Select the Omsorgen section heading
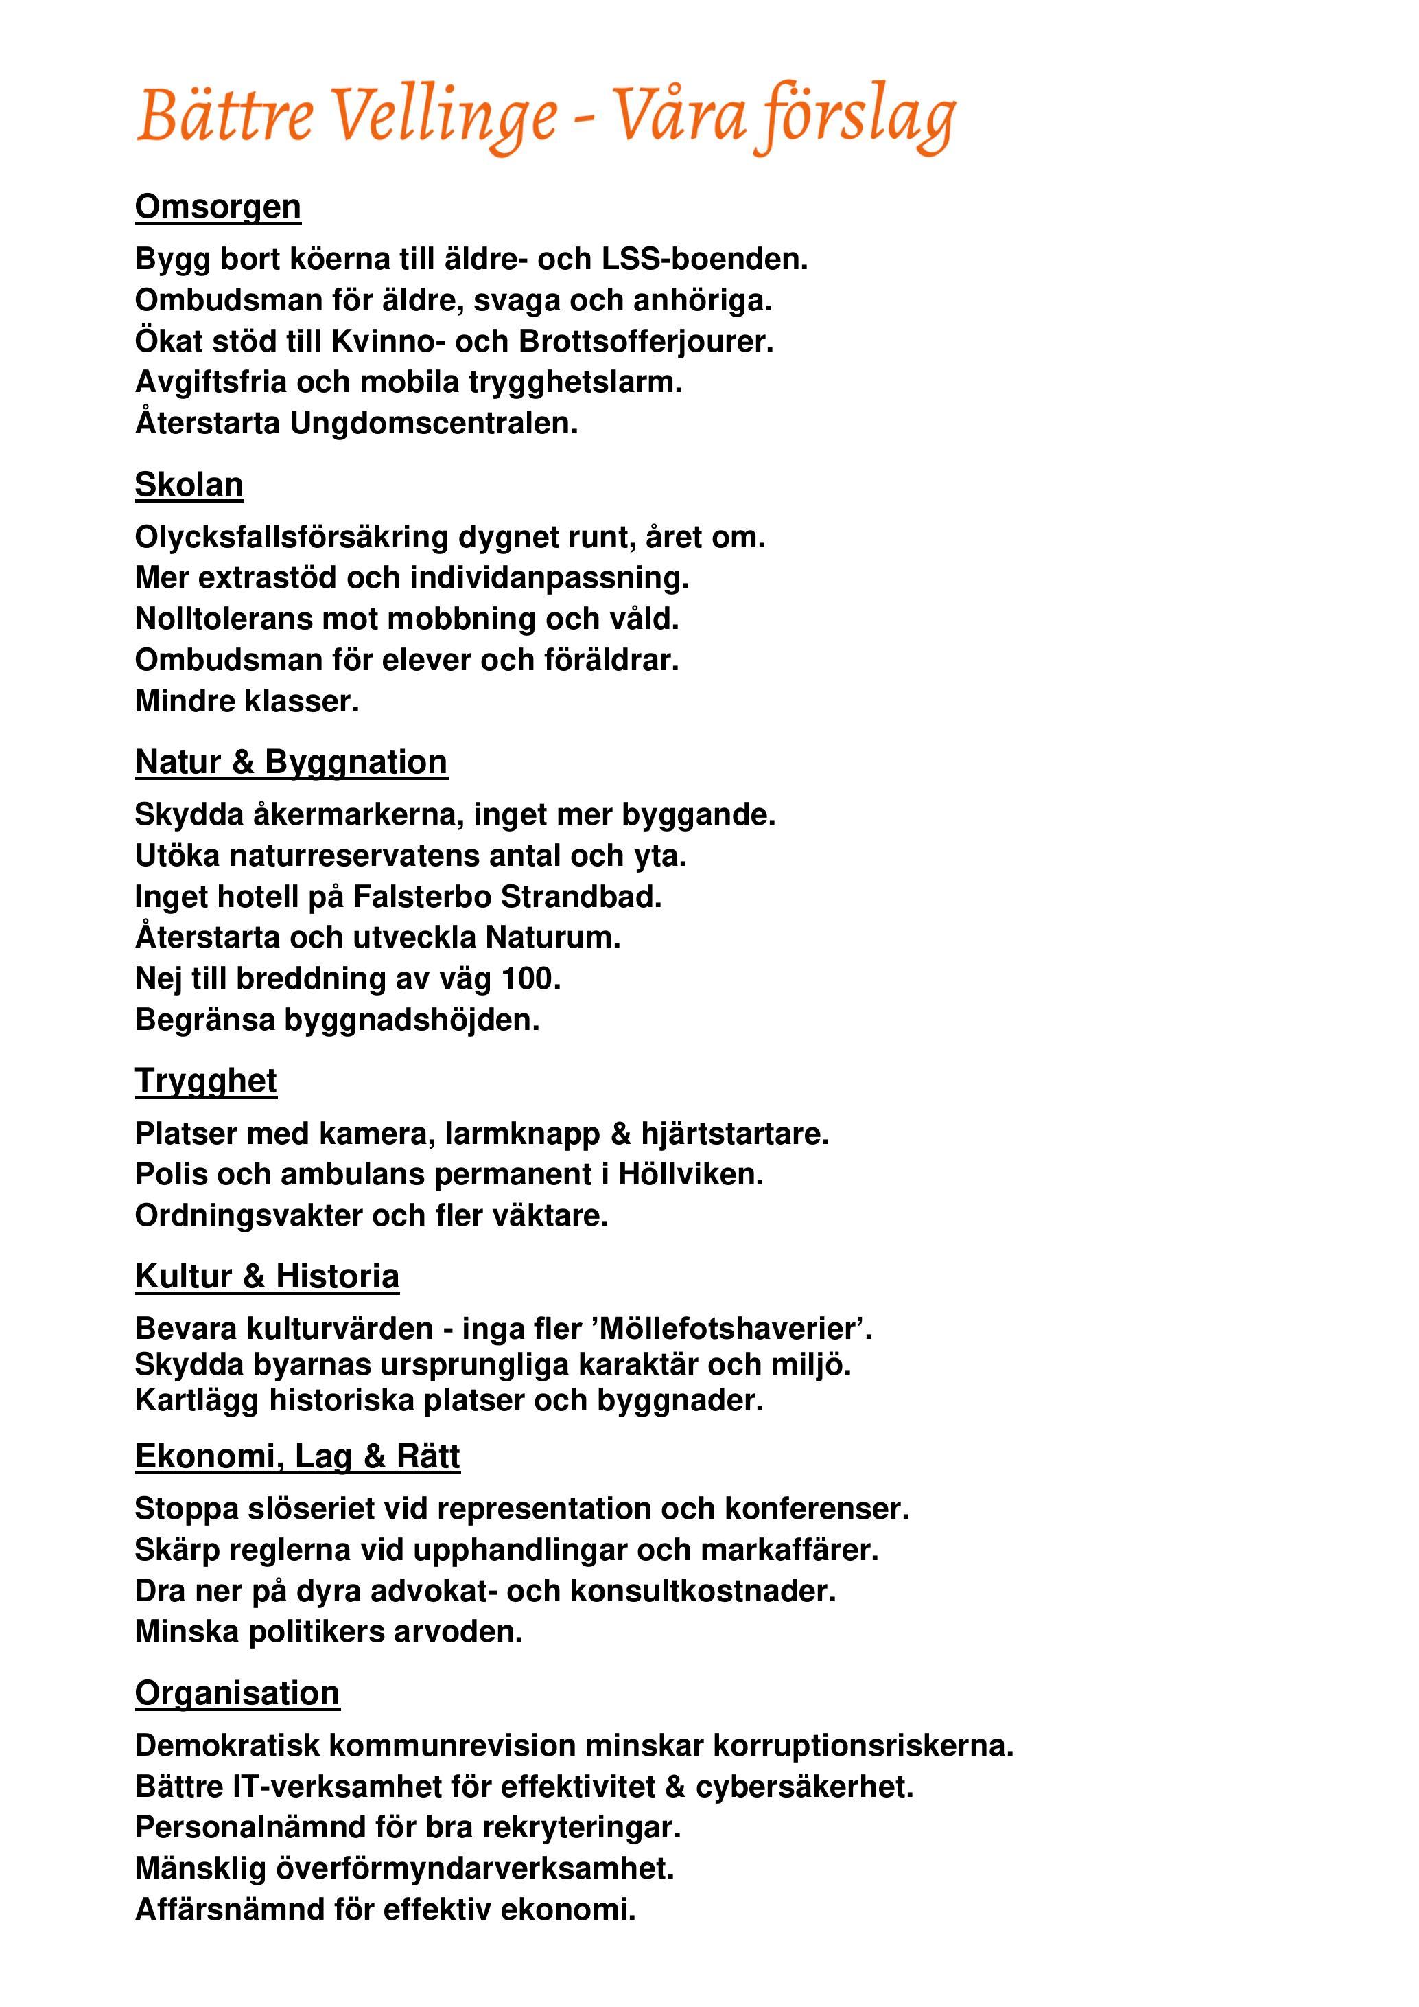[x=218, y=207]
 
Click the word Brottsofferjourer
[x=646, y=341]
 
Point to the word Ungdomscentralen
[x=434, y=423]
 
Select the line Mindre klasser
[x=246, y=701]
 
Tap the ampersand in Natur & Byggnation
[x=243, y=762]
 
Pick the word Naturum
[x=552, y=938]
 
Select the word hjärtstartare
[x=734, y=1134]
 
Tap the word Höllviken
[x=690, y=1174]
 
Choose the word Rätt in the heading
[x=428, y=1457]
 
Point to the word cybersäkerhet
[x=804, y=1787]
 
